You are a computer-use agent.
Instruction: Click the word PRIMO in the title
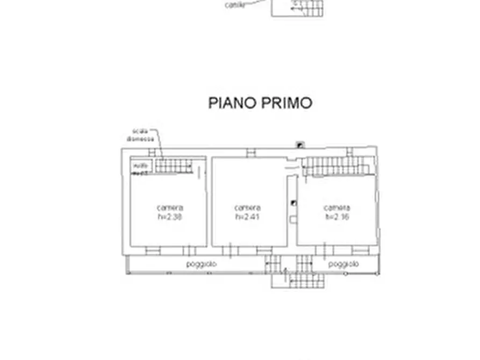point(286,103)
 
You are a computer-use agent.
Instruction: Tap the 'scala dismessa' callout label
point(140,135)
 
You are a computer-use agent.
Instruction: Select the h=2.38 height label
point(170,217)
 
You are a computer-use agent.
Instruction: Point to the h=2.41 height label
point(248,217)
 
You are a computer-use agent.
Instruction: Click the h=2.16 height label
point(337,217)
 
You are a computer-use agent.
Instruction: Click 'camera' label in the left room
point(170,208)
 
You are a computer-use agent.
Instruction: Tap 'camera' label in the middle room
point(248,208)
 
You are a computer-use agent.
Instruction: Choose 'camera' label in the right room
point(337,208)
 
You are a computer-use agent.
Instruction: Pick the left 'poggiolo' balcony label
point(202,264)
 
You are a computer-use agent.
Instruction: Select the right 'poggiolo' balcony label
point(343,264)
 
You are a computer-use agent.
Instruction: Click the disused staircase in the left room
point(174,165)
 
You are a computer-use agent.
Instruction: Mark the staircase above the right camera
point(336,166)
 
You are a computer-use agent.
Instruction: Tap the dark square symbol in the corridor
point(293,203)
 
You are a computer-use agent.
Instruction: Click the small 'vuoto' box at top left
point(141,166)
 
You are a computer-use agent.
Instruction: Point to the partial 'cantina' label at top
point(235,5)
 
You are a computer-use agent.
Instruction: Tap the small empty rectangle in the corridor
point(293,219)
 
